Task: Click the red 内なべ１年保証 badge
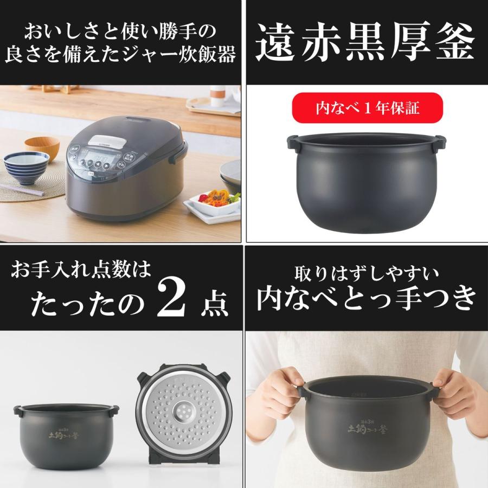368,108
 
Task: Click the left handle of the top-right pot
293,142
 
